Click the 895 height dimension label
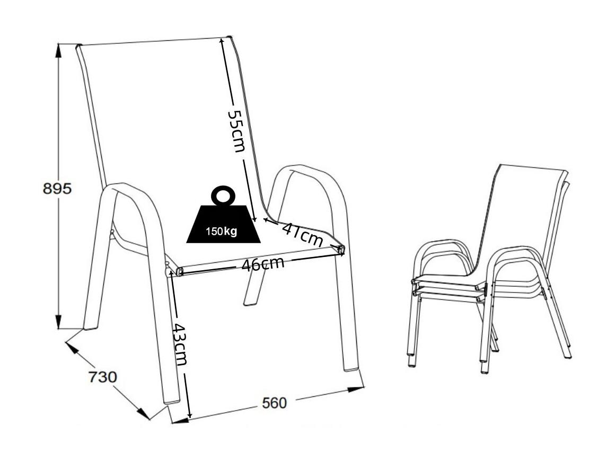click(57, 189)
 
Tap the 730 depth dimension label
click(102, 377)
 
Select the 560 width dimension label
click(274, 403)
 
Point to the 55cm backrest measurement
click(236, 131)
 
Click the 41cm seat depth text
click(303, 234)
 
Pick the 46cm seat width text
click(263, 264)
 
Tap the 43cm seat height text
click(181, 344)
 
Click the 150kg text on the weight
click(222, 231)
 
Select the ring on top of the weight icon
click(223, 195)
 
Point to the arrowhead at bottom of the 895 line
click(58, 323)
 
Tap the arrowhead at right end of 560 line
click(357, 389)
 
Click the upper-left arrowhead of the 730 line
click(71, 347)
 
